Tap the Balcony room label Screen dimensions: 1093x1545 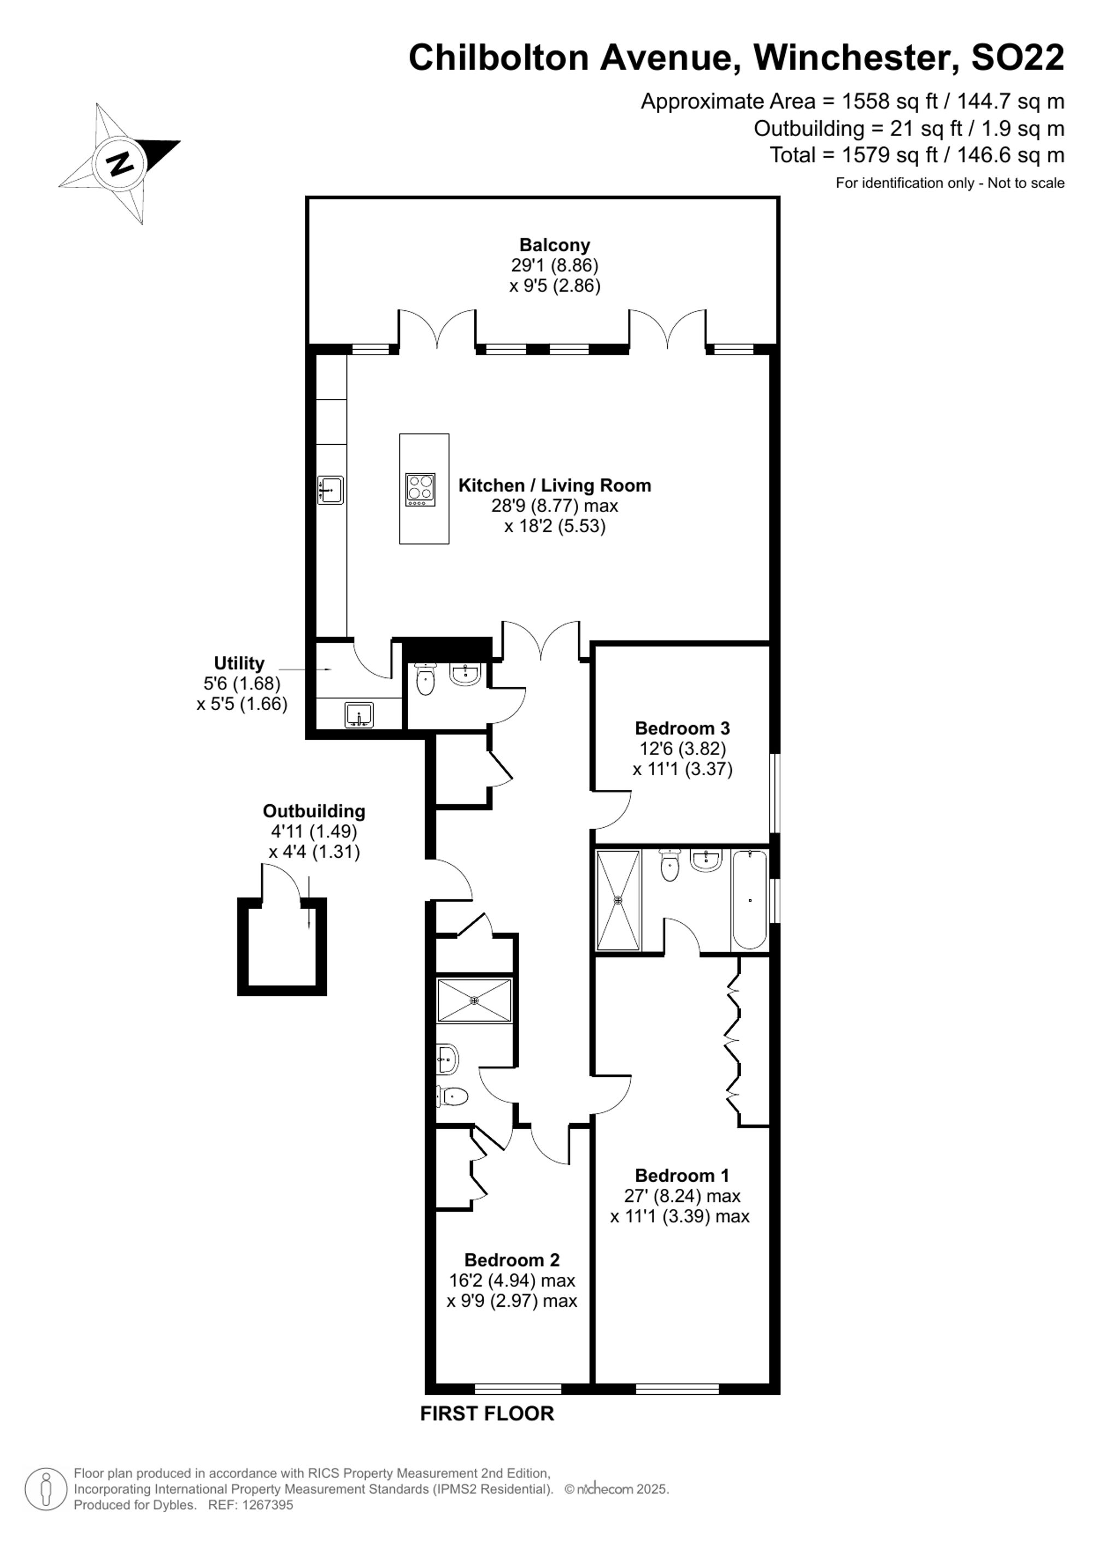click(555, 245)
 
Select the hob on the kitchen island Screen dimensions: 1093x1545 click(420, 490)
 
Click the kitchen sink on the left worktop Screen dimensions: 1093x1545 click(331, 490)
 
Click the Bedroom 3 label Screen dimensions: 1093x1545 click(683, 728)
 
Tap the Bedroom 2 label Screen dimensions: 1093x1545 click(512, 1260)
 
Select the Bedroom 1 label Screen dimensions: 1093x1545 click(683, 1176)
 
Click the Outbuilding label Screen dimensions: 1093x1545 click(314, 811)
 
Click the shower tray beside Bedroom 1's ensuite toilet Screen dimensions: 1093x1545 click(618, 900)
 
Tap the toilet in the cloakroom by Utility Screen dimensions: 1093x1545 click(425, 680)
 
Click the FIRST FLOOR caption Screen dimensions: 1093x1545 click(487, 1414)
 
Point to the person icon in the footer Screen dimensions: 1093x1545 click(46, 1489)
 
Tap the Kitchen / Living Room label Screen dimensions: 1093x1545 click(555, 485)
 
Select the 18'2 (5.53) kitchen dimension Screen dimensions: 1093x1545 click(555, 526)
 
